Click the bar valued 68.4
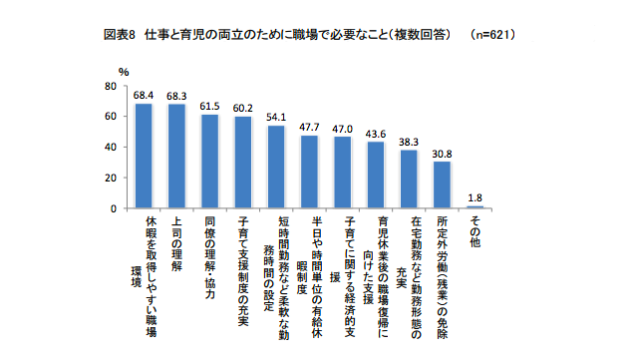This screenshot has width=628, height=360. click(x=144, y=156)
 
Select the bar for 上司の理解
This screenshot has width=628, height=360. click(x=177, y=156)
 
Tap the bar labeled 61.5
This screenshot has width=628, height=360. click(x=209, y=161)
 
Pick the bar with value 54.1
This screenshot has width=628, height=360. click(x=276, y=167)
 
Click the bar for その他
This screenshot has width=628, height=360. click(x=474, y=207)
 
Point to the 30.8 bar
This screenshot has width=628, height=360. click(x=442, y=184)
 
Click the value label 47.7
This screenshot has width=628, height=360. click(x=309, y=128)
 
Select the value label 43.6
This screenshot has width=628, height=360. click(x=376, y=134)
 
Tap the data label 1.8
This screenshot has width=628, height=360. click(x=475, y=197)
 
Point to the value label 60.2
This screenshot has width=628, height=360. click(x=243, y=108)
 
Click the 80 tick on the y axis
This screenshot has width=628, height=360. click(x=110, y=86)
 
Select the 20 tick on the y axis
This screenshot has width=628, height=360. click(x=110, y=178)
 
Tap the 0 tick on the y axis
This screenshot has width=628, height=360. click(x=113, y=208)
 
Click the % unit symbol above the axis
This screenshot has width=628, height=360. click(x=124, y=72)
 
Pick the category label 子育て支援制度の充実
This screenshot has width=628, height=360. click(x=243, y=264)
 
